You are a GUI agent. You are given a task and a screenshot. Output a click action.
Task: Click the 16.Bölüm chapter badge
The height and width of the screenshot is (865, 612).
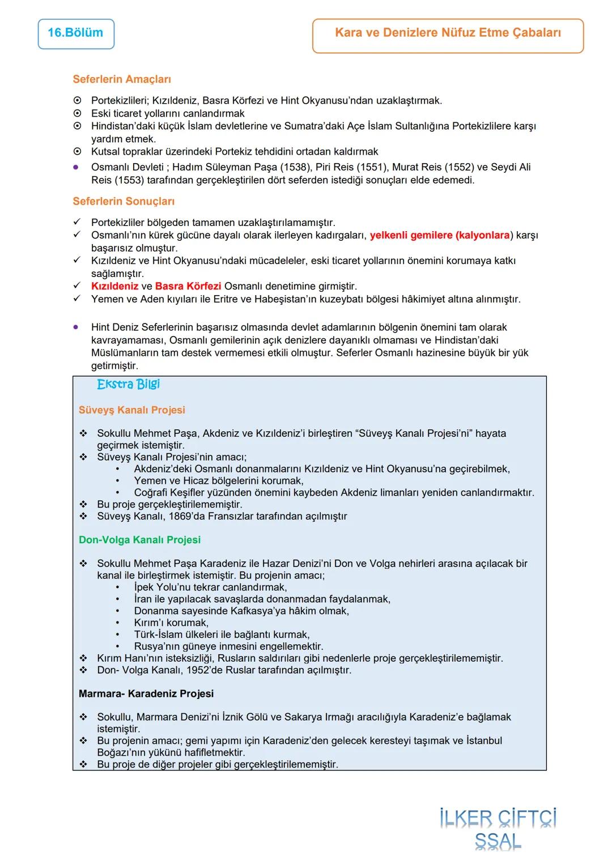[x=75, y=33]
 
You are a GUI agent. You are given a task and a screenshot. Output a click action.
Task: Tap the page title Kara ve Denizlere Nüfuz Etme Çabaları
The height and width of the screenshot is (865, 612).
[x=448, y=33]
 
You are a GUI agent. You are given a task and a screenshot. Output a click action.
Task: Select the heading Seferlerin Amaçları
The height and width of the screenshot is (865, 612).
[x=122, y=79]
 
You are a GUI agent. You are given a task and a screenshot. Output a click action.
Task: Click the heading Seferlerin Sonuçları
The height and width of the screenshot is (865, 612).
[x=124, y=201]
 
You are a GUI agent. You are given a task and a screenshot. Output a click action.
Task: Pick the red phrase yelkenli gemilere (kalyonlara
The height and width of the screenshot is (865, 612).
[x=440, y=235]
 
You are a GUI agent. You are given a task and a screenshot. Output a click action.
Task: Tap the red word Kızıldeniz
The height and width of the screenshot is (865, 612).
[x=114, y=286]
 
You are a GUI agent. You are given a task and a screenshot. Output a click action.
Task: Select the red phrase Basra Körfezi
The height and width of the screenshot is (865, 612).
[x=188, y=286]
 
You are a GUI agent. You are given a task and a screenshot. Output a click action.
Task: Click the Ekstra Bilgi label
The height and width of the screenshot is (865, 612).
[x=128, y=385]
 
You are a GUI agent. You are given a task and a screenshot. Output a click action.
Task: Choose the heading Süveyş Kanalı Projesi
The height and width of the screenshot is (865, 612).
[x=132, y=410]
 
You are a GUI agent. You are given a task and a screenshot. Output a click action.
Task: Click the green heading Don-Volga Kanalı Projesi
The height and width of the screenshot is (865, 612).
[x=139, y=540]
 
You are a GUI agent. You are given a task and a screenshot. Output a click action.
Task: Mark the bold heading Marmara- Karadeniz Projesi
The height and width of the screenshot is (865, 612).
[x=146, y=693]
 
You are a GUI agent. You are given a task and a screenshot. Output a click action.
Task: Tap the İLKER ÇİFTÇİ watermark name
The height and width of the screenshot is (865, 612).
[x=498, y=819]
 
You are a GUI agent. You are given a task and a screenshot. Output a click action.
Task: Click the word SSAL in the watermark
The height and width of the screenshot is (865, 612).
[x=498, y=842]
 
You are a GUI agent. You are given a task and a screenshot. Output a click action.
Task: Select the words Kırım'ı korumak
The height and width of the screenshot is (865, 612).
[x=171, y=623]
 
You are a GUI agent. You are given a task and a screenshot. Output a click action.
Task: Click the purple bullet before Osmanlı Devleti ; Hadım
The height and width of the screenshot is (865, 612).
[x=75, y=167]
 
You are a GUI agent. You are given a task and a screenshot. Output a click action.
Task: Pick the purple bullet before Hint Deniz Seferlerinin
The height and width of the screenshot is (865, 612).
[x=75, y=327]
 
